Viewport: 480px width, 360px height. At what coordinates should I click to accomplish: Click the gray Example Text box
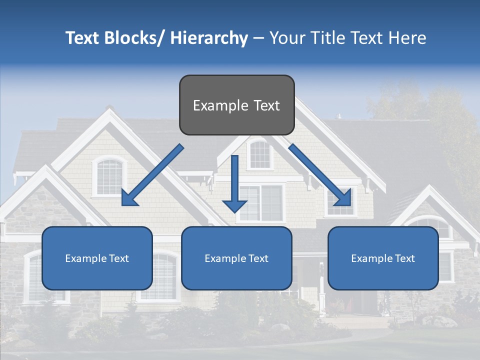pyautogui.click(x=236, y=105)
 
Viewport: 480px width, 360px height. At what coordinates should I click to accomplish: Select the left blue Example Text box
pyautogui.click(x=97, y=258)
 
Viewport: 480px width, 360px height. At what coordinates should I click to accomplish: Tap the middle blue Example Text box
pyautogui.click(x=236, y=258)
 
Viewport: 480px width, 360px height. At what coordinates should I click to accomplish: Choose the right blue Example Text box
pyautogui.click(x=383, y=258)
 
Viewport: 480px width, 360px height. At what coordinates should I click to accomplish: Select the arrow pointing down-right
pyautogui.click(x=320, y=175)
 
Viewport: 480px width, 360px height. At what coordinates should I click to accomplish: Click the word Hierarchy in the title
pyautogui.click(x=209, y=38)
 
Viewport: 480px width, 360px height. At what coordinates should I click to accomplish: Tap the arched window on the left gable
pyautogui.click(x=109, y=176)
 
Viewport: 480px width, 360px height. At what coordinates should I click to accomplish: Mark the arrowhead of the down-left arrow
pyautogui.click(x=129, y=198)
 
